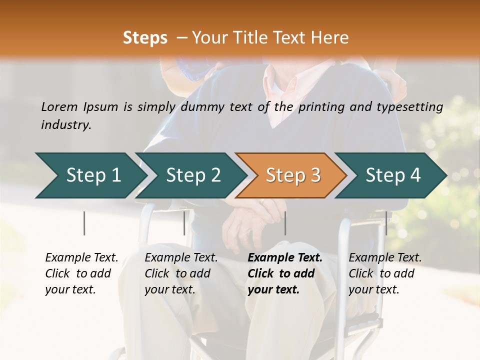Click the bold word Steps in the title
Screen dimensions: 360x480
coord(145,38)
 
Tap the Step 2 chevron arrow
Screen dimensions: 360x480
coord(193,175)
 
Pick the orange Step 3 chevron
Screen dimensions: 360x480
coord(292,175)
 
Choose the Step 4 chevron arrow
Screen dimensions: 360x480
coord(392,175)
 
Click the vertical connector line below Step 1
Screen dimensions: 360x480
coord(84,223)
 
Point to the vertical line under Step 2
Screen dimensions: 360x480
coord(184,223)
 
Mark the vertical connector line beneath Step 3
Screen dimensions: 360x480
coord(285,223)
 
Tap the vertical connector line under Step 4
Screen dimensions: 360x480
coord(386,223)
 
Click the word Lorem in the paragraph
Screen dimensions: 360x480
coord(59,106)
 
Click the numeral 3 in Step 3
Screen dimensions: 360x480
coord(315,175)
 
